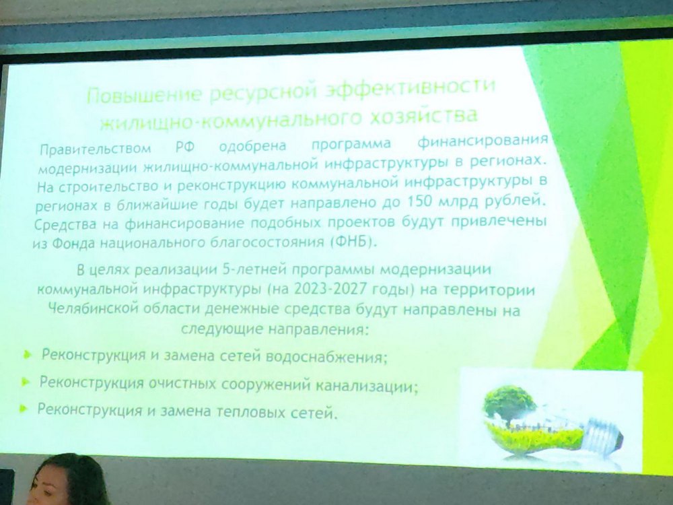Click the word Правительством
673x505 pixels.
(95, 149)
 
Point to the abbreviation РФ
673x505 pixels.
(185, 147)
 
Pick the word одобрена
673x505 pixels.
(252, 146)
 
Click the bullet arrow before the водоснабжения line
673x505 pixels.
(28, 355)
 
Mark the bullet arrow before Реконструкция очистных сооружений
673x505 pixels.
(26, 381)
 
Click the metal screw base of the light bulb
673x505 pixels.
(602, 435)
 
